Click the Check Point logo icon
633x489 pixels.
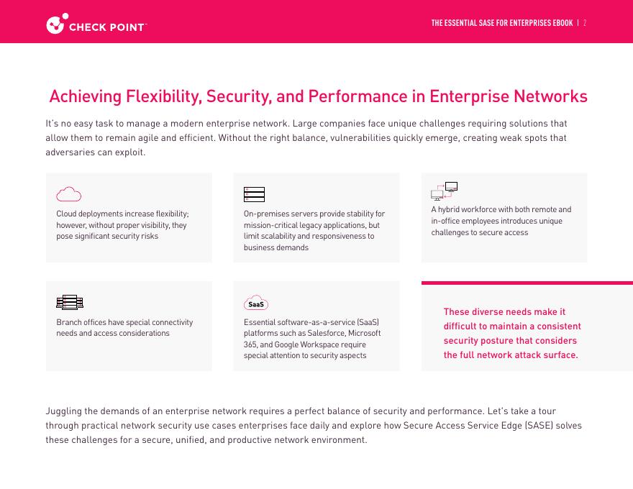click(x=56, y=24)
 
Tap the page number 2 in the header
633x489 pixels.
click(x=585, y=23)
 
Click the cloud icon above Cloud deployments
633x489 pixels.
click(x=68, y=194)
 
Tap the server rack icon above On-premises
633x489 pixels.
click(x=254, y=194)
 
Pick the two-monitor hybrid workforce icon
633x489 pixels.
click(x=444, y=191)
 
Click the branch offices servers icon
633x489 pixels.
click(x=70, y=302)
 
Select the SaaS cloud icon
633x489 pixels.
click(x=256, y=303)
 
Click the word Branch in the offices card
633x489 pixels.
click(x=68, y=322)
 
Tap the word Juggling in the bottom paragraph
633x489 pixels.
click(x=63, y=411)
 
